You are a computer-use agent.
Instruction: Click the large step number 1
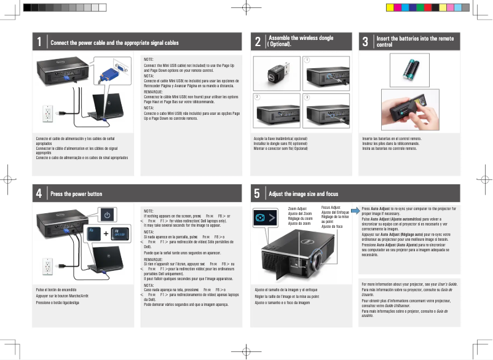tap(39, 42)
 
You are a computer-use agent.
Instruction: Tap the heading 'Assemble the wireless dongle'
tap(301, 38)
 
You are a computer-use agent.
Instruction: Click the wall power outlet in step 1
tap(47, 113)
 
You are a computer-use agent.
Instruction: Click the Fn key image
tap(93, 234)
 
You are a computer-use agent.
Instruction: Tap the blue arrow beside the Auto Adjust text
tap(356, 209)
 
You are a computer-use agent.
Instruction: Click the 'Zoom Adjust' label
tap(298, 209)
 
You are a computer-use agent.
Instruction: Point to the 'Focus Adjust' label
tap(331, 208)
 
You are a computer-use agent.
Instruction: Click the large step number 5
tap(256, 194)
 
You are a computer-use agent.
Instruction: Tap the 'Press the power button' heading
tap(76, 194)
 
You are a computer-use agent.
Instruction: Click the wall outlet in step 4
tap(47, 265)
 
